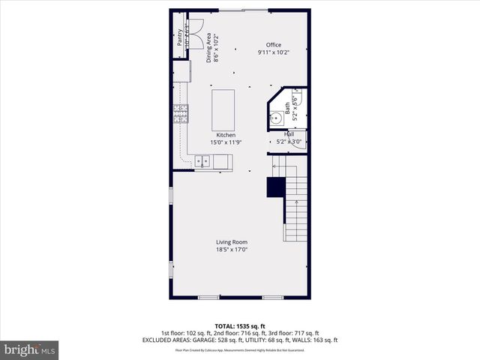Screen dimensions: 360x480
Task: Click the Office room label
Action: point(269,45)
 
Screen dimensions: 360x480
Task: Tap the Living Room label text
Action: point(232,241)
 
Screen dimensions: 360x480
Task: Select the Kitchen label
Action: point(226,135)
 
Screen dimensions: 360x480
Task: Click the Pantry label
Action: point(180,37)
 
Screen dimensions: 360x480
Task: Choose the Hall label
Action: point(288,134)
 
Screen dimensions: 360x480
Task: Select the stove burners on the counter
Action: point(181,112)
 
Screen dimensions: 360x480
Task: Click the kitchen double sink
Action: point(202,160)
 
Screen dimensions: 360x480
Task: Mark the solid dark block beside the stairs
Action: point(276,187)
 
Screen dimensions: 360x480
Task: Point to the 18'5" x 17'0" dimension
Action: point(232,249)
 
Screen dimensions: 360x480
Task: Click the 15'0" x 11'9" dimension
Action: point(226,142)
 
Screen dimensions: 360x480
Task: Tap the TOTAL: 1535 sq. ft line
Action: point(240,326)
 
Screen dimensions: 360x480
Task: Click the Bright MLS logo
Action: point(30,349)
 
